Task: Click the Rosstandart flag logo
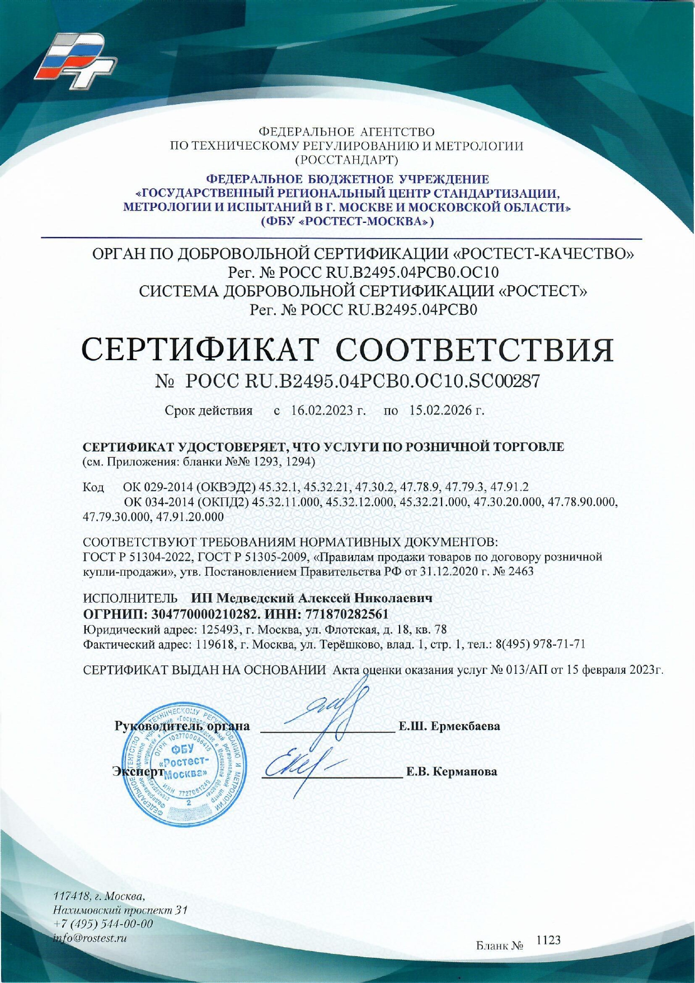[75, 60]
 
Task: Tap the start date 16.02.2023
[322, 411]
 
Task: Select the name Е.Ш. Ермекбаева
[449, 726]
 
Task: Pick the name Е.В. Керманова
[451, 772]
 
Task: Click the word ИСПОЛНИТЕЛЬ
[130, 598]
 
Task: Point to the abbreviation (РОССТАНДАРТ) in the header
[347, 160]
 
